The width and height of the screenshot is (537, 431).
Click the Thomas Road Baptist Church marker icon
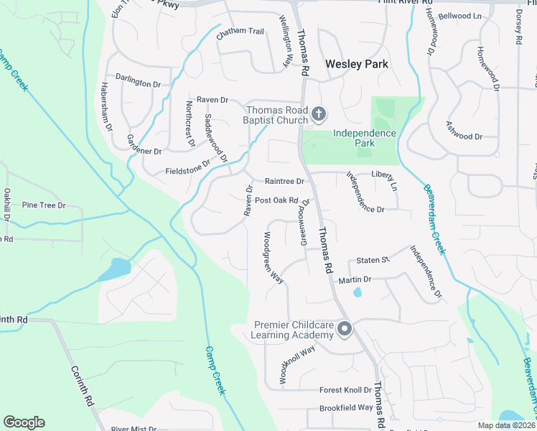(x=319, y=114)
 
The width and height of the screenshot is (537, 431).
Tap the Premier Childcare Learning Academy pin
(x=345, y=330)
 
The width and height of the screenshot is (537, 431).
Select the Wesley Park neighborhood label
(x=357, y=64)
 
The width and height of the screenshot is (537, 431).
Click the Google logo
(x=24, y=422)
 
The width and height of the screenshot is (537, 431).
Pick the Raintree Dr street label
(x=284, y=182)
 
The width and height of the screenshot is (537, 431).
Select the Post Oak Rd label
(x=276, y=200)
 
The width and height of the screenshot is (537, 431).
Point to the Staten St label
(x=373, y=259)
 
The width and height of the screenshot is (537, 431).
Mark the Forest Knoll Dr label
(x=345, y=391)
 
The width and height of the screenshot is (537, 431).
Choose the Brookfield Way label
(x=346, y=407)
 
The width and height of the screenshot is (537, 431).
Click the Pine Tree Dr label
(x=44, y=205)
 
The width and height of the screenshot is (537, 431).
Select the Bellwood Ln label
(x=460, y=15)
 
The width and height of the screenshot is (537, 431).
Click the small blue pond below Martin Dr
(x=358, y=292)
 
